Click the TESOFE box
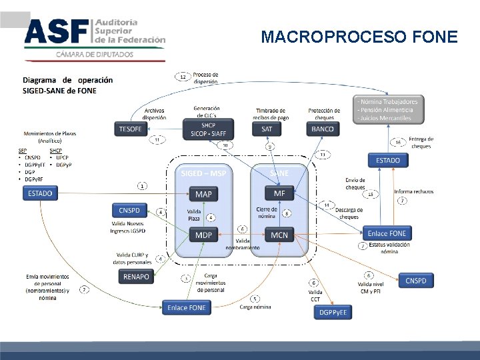click(130, 129)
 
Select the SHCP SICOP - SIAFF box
click(208, 129)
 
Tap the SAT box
click(267, 129)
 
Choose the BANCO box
click(323, 129)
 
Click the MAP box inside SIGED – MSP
click(203, 194)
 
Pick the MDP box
click(203, 235)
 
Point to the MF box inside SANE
click(279, 193)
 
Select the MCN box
click(279, 235)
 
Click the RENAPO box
click(137, 275)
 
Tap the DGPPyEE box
click(333, 312)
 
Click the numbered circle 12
click(183, 77)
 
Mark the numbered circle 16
click(398, 142)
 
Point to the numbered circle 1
click(142, 185)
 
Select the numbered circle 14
click(327, 205)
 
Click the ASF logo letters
click(56, 31)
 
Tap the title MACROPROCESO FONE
click(359, 37)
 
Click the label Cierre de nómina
click(267, 213)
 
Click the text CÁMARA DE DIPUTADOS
click(94, 55)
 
